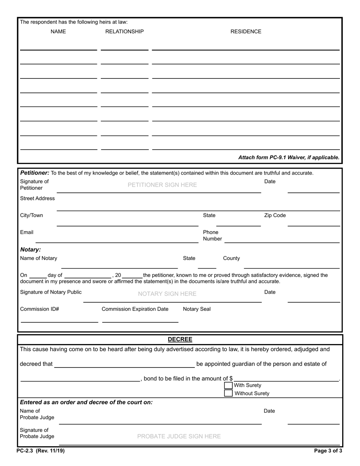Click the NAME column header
[x=58, y=31]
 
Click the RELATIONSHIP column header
[x=124, y=31]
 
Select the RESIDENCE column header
[x=246, y=31]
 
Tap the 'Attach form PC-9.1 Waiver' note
[x=289, y=157]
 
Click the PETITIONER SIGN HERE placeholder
[x=162, y=185]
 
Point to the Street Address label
[x=37, y=198]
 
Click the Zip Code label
[x=275, y=215]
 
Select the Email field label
[x=27, y=232]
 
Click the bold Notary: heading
[x=30, y=250]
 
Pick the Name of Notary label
[x=39, y=258]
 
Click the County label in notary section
[x=231, y=258]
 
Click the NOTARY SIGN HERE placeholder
[x=167, y=294]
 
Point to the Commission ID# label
[x=39, y=309]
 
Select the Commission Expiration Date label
[x=135, y=309]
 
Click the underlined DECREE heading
[x=180, y=339]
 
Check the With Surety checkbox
[x=228, y=385]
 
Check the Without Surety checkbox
[x=228, y=393]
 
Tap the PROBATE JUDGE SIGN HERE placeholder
[x=179, y=436]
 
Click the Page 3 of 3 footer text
[x=328, y=451]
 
